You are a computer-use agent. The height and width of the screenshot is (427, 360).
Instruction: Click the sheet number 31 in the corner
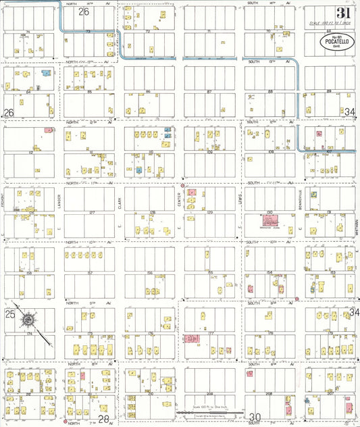point(343,13)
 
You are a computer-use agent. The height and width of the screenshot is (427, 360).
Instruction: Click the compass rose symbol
point(30,319)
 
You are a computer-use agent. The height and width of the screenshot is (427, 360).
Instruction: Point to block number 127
point(91,213)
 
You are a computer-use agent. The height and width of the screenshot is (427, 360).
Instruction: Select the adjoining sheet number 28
point(103,419)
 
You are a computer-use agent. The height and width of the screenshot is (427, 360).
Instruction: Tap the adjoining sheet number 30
point(255,417)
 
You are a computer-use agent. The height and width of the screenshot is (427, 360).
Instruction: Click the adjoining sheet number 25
point(9,315)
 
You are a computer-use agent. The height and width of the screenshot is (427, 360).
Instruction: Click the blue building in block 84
point(46,72)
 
